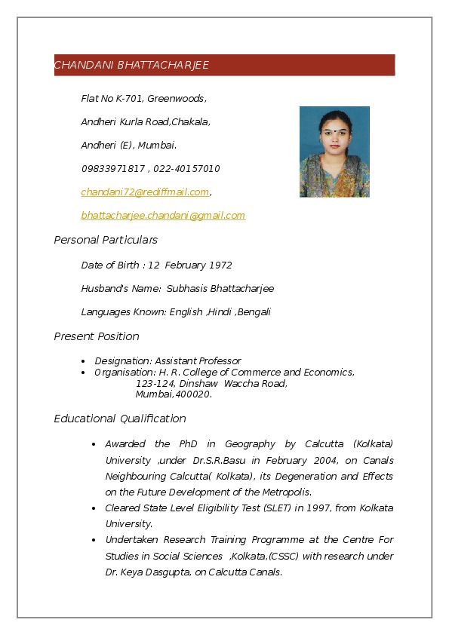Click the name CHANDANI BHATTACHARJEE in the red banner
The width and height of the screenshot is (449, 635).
point(131,66)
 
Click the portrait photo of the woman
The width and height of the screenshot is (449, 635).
point(334,152)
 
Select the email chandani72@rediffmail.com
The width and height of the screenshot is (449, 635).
point(145,192)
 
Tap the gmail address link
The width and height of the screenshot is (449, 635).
point(163,216)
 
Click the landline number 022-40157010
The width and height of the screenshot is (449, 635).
point(186,169)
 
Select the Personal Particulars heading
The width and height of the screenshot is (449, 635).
point(106,240)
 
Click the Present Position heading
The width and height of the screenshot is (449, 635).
point(97,336)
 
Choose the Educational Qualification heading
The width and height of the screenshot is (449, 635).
point(120,419)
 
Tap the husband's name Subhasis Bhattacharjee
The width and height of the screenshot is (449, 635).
point(220,289)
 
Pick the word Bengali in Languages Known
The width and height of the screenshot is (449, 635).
point(254,312)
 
